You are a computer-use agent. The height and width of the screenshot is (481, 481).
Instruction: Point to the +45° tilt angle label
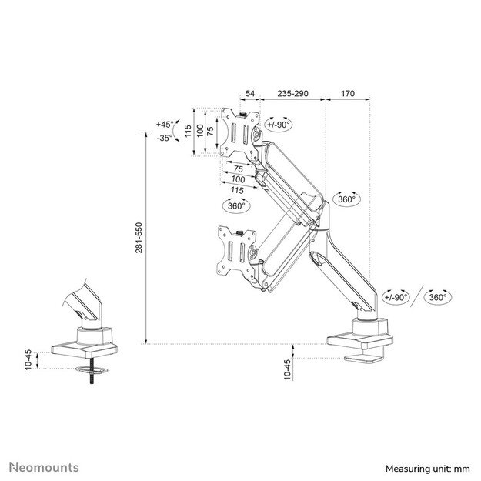coord(165,124)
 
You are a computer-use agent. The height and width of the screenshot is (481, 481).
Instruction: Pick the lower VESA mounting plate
coord(237,251)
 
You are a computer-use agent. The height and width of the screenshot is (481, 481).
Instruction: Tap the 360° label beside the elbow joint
coord(346,199)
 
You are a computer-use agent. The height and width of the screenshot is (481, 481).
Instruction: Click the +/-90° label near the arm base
coord(396,297)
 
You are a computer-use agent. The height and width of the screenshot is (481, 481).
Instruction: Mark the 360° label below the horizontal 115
coord(236,205)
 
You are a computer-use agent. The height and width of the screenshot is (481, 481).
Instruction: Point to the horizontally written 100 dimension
coord(238,179)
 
